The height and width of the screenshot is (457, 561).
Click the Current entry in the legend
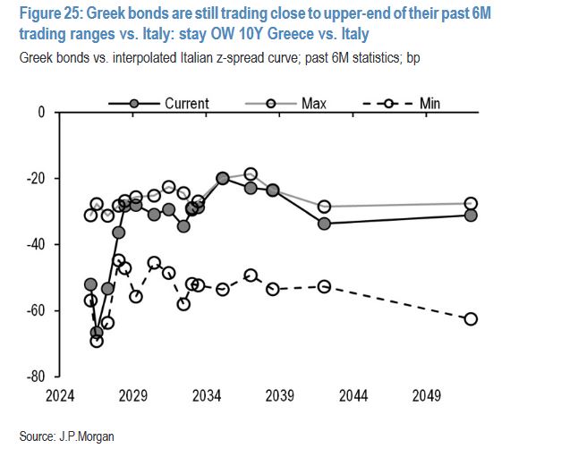[186, 103]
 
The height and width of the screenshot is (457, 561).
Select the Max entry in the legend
[313, 103]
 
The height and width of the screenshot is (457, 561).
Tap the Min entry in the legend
[429, 103]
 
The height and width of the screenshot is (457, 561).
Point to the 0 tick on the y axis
[40, 113]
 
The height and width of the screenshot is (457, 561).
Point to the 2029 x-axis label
[132, 394]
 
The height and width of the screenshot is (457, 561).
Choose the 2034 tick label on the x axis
[206, 394]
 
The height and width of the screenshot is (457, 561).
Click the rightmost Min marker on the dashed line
[471, 319]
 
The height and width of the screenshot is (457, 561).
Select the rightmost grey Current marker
[471, 215]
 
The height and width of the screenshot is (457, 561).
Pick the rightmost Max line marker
[471, 204]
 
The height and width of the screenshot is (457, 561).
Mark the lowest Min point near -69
[97, 341]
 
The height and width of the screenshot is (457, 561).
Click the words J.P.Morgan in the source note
[86, 436]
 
